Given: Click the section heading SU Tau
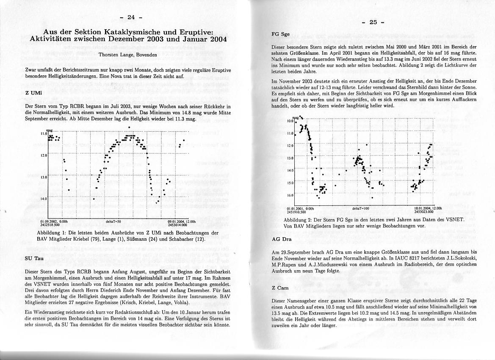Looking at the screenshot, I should [x=34, y=258].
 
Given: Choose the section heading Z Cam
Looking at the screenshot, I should [x=280, y=288].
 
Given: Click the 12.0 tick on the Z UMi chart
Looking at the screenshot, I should [x=44, y=155].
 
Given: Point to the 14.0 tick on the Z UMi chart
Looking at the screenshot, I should [x=44, y=199].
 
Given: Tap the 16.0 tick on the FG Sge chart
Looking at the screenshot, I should [x=290, y=196].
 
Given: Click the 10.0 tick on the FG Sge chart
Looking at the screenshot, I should [x=290, y=121].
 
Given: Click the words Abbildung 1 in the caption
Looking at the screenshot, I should [x=52, y=233].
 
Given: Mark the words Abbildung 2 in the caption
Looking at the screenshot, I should [x=298, y=220].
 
